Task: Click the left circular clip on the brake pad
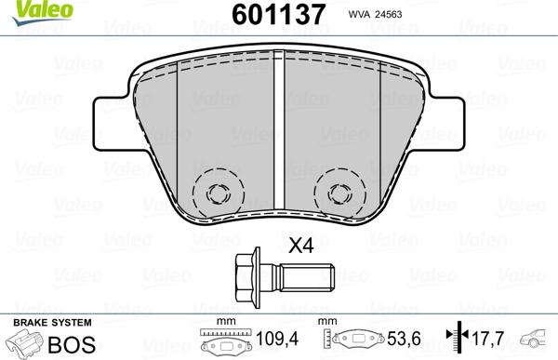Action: (219, 193)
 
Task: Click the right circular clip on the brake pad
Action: (339, 193)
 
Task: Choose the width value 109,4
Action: (273, 340)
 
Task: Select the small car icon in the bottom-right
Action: (538, 339)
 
